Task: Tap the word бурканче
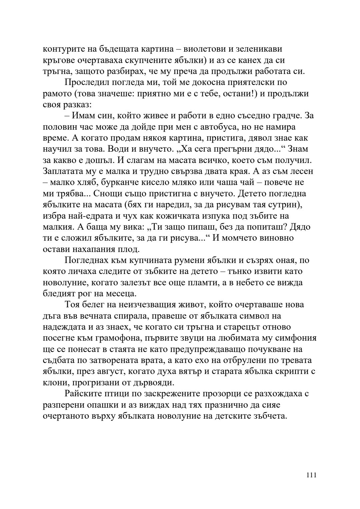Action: point(126,183)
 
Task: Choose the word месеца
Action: point(121,294)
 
